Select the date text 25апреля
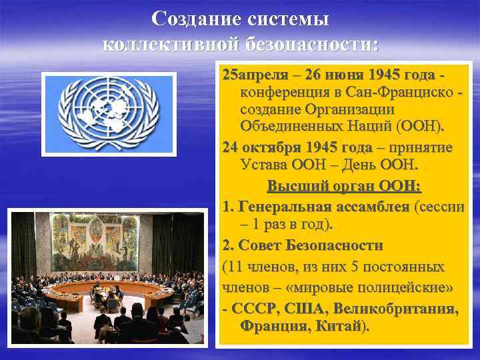[x=251, y=73]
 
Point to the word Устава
[x=263, y=165]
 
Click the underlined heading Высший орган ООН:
[x=344, y=186]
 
